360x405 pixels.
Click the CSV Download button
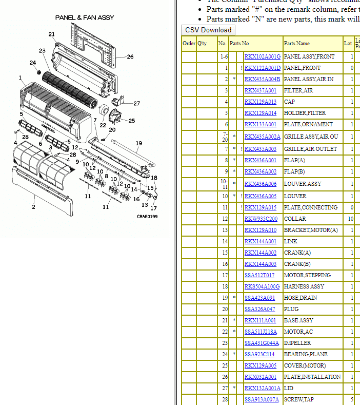208,30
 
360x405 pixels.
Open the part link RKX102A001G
262,56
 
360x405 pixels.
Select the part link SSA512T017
259,275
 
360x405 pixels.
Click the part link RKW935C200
261,219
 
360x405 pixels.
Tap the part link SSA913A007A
262,399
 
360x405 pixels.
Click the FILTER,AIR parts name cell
298,90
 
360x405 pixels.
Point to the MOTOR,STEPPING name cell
307,275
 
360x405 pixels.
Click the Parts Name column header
297,44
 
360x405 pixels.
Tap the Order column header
189,44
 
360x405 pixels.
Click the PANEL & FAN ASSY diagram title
85,18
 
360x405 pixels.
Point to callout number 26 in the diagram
130,57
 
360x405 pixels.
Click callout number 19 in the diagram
138,143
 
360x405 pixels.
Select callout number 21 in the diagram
52,34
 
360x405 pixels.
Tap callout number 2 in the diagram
34,207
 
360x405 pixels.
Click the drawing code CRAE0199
147,217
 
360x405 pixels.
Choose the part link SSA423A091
259,298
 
